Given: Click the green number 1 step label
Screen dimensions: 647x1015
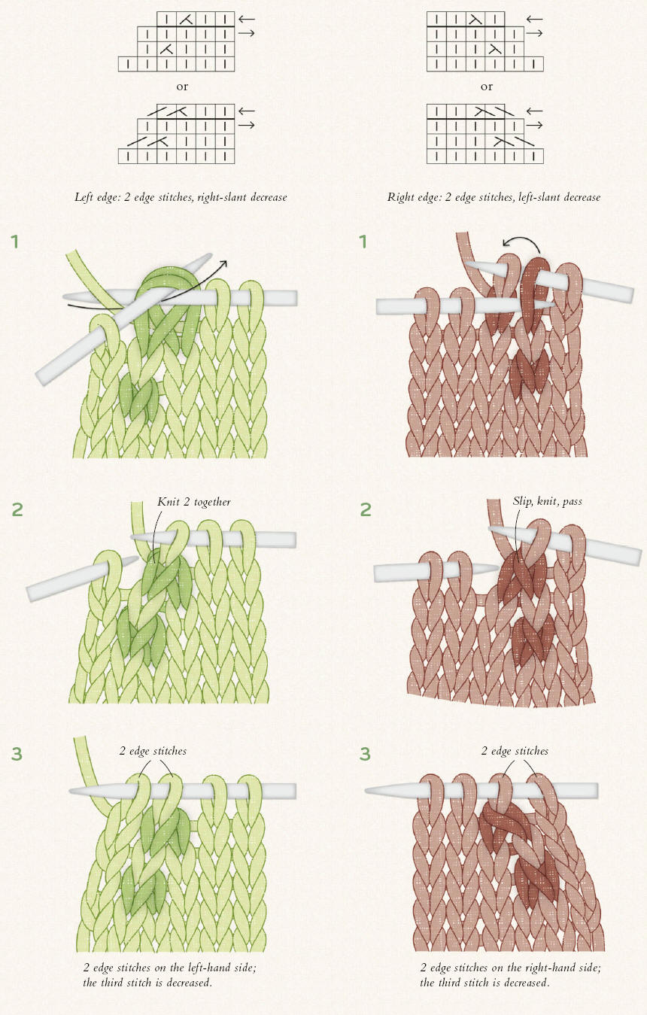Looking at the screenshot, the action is pos(15,242).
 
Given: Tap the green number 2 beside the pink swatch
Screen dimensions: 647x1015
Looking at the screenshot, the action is pos(365,510).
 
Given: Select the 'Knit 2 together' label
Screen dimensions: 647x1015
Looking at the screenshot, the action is pos(194,502).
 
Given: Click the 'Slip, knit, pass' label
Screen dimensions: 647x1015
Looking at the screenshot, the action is pos(548,501).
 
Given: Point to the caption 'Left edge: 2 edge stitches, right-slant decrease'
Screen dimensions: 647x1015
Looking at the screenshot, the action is pos(181,197).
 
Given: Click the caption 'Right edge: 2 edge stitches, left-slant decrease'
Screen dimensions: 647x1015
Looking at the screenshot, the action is pos(494,197).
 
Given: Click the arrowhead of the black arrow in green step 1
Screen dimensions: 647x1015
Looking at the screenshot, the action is pos(223,263).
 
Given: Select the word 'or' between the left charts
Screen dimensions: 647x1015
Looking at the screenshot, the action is pos(182,87).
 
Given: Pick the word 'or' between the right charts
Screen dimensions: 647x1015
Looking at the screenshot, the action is pos(487,87).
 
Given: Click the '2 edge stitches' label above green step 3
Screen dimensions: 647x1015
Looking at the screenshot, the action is pos(153,752).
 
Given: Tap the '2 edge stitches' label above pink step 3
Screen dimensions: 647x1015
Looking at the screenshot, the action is pos(515,752).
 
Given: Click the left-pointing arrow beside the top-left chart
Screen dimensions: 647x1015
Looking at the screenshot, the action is pos(247,19).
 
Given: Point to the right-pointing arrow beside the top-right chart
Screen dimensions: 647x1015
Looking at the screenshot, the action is pos(535,33).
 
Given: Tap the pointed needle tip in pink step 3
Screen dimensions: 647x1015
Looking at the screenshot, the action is pos(367,791).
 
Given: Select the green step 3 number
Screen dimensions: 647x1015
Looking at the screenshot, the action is pos(17,754).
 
